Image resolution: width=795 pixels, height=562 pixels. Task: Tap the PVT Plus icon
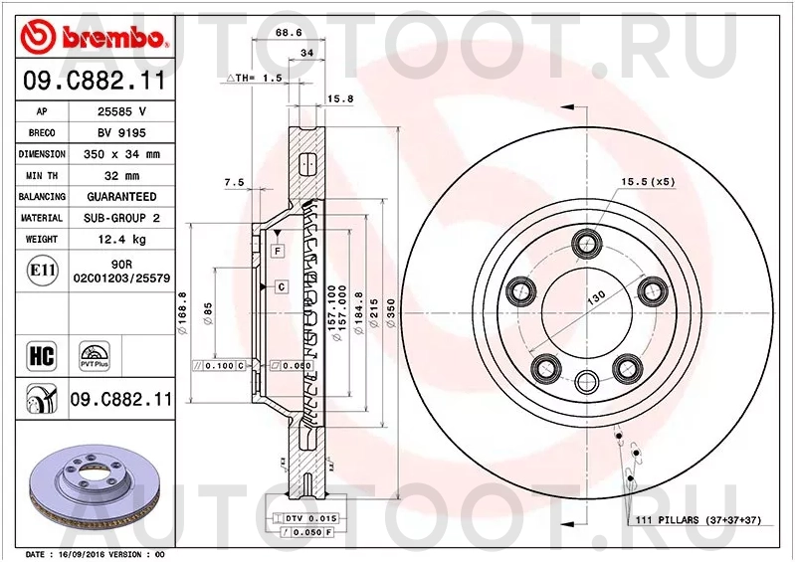96,355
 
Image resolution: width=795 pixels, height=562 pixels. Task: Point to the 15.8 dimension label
341,97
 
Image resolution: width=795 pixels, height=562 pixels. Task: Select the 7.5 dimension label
234,182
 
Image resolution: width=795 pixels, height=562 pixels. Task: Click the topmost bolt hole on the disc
587,243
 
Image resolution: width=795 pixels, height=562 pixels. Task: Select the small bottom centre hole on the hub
587,379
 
